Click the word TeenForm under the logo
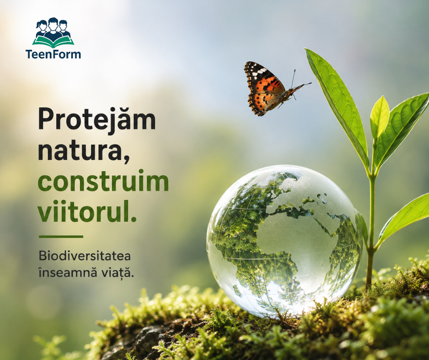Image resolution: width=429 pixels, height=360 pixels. pos(53,54)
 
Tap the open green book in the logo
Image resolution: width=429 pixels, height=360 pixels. pos(53,40)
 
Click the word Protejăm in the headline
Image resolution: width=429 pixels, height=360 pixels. pos(97,119)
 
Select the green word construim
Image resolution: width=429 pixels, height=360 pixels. pos(103,181)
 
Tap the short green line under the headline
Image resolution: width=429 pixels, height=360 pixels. pos(61,237)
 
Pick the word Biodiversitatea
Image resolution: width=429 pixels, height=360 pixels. pos(84,256)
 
